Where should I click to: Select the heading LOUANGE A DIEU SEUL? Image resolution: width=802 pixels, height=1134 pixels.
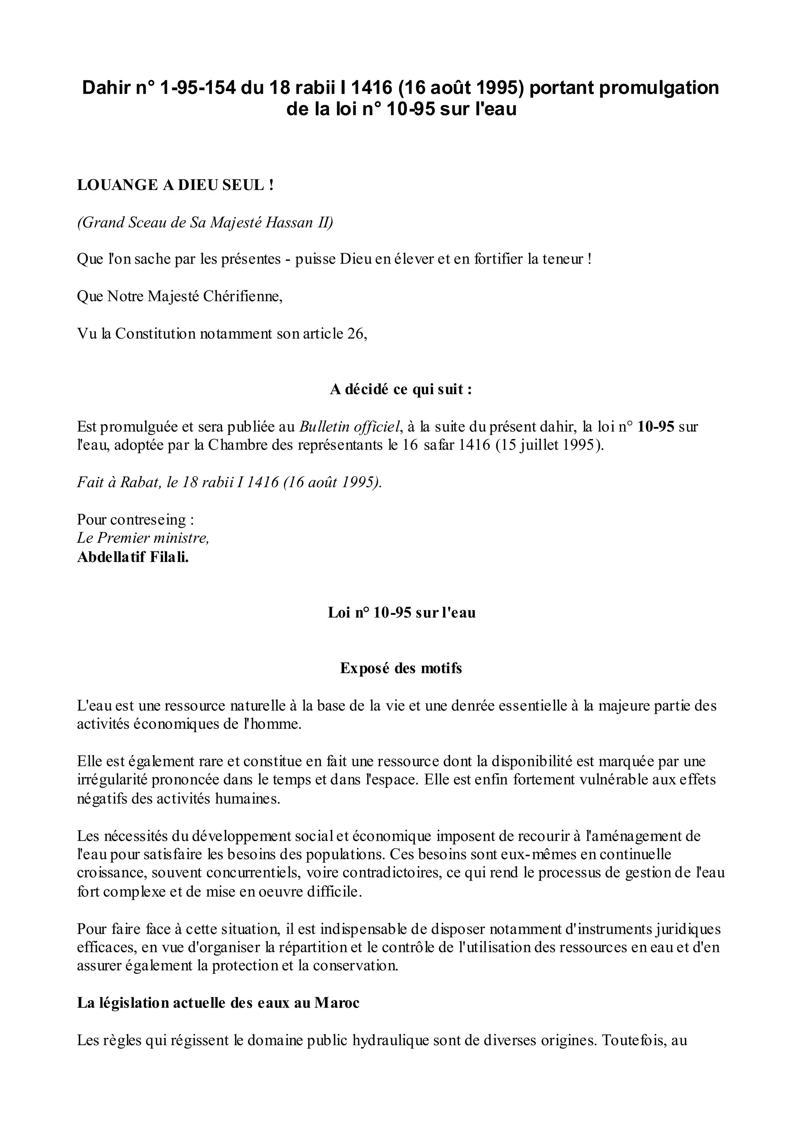[x=175, y=185]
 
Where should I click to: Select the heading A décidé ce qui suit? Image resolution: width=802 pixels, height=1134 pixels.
[x=401, y=389]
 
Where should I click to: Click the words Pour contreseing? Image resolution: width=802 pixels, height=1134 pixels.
[x=135, y=520]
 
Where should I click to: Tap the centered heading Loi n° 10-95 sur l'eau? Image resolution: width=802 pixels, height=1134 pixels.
[x=401, y=612]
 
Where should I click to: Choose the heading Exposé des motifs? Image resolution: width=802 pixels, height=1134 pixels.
[x=401, y=668]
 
